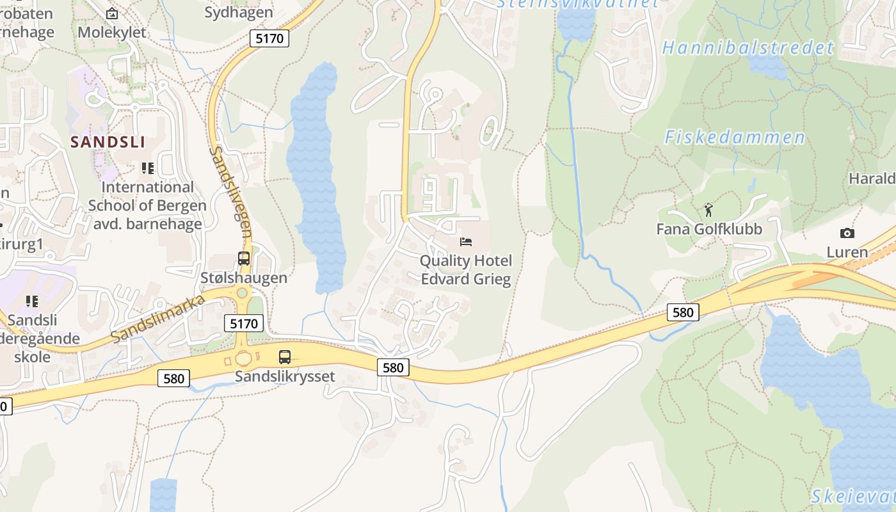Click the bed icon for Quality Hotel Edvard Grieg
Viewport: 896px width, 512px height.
(467, 242)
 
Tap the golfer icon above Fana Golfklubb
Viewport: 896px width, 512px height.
(708, 210)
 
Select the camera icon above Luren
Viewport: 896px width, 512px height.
(847, 234)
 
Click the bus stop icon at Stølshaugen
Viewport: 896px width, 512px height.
(244, 259)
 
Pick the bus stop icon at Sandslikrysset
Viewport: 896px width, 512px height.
(285, 357)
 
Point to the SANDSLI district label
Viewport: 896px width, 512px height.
(108, 142)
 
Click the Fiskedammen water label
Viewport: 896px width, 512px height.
(735, 138)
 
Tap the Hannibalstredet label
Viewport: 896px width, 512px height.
(748, 48)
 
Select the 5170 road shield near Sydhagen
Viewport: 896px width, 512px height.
(269, 38)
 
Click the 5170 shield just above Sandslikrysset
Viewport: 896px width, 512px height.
(244, 324)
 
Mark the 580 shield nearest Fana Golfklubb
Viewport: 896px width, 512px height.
(683, 312)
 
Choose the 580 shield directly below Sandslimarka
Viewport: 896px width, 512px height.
(173, 378)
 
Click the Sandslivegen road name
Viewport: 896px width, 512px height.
(231, 192)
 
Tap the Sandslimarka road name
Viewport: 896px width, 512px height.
(157, 319)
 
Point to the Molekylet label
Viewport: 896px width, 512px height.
(111, 32)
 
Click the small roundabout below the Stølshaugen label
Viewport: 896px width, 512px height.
(243, 294)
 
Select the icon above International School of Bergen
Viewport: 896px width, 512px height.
(148, 168)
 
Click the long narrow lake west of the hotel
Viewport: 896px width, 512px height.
(316, 179)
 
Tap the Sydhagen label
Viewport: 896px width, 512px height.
(238, 12)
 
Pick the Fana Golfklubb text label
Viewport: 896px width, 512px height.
(709, 229)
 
